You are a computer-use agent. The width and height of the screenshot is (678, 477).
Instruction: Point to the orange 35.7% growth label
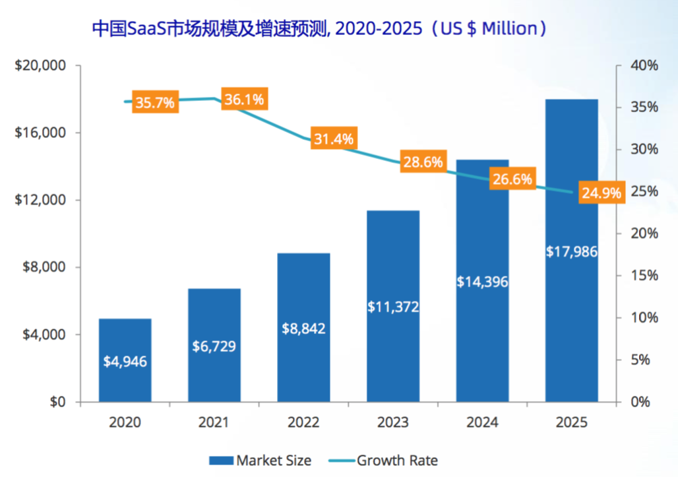(155, 103)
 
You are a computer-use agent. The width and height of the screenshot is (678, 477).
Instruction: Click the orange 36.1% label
(244, 100)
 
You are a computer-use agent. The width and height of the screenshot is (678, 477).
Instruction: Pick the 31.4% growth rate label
(333, 139)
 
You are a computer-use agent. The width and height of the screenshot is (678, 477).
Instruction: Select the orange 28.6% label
(423, 162)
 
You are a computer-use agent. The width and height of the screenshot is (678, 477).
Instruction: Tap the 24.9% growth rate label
(601, 193)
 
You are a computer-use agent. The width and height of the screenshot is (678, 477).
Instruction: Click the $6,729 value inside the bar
(214, 345)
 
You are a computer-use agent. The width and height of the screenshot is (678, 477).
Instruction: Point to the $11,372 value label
(393, 307)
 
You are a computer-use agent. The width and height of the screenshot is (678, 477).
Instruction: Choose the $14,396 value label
(482, 282)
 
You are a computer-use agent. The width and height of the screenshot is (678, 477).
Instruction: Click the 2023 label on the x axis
(393, 422)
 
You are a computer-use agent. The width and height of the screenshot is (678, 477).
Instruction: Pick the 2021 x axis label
(214, 422)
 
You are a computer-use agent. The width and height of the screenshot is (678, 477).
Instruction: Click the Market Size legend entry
(260, 461)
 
